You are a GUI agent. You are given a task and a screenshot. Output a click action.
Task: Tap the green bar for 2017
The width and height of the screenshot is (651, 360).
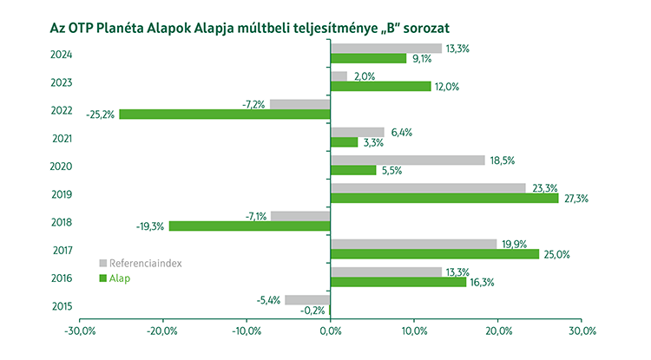435,254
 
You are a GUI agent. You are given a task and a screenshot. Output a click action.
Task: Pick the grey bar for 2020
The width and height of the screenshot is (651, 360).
408,160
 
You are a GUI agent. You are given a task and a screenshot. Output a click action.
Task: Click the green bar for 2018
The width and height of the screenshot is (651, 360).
249,226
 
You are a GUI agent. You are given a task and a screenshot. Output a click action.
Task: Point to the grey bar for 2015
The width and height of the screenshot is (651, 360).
307,299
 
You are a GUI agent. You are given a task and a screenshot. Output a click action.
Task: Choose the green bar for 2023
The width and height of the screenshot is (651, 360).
381,86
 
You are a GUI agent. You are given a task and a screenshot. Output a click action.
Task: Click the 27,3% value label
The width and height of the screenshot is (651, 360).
576,199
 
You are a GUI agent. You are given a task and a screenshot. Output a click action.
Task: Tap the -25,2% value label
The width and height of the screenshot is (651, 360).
100,115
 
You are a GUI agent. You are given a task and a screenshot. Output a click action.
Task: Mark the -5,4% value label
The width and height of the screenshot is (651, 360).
270,299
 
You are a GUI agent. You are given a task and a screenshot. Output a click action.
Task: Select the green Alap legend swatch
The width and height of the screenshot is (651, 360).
102,278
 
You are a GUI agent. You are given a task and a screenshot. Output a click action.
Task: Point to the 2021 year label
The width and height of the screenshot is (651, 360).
61,138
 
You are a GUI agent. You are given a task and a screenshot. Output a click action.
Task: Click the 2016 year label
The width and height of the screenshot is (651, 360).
61,278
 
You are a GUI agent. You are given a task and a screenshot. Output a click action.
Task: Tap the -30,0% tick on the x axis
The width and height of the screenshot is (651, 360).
79,331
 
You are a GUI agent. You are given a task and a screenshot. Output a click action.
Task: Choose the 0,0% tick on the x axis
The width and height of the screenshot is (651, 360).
331,331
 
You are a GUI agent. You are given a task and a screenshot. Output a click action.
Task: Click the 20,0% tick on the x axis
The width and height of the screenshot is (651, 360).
497,331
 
